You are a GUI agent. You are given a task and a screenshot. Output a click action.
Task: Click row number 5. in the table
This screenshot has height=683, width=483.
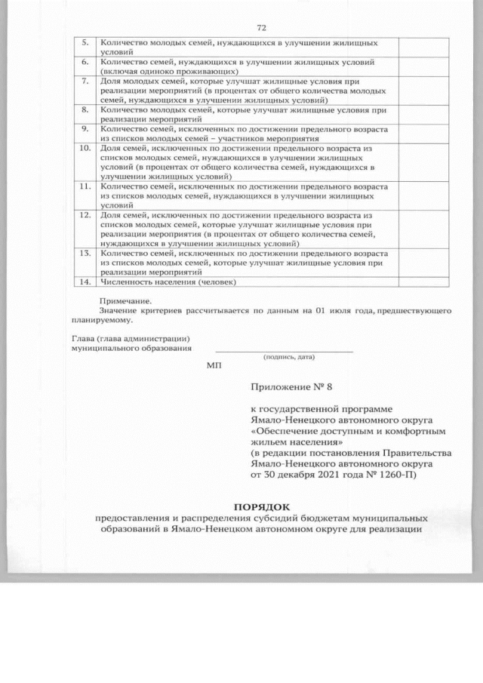tap(85, 44)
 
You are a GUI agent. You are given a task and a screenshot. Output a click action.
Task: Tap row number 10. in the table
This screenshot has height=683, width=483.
tap(85, 148)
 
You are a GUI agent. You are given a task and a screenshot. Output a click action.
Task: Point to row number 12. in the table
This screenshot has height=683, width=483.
tap(85, 216)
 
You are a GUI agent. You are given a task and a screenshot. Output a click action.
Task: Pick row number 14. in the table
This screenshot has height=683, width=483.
tap(85, 282)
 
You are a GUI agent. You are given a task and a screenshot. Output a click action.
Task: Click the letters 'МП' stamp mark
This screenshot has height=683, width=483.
tap(214, 366)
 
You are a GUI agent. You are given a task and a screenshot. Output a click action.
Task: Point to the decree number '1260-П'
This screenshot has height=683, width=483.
tap(403, 475)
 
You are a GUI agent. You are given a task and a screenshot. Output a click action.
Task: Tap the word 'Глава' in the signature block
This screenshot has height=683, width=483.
tap(85, 338)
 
